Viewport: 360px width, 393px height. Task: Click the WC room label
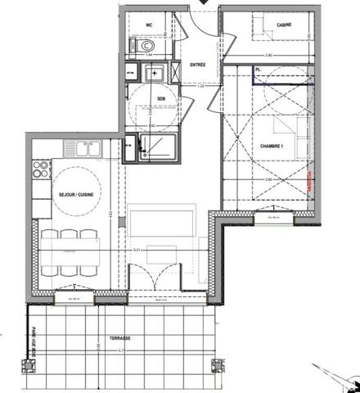150,25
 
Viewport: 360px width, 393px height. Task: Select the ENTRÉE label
198,63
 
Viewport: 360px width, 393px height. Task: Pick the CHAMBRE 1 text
272,146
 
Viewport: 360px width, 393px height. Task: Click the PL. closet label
259,71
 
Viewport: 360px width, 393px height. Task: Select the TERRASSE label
120,337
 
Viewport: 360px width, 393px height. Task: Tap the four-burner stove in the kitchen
38,170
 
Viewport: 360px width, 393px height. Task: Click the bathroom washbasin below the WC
153,75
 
